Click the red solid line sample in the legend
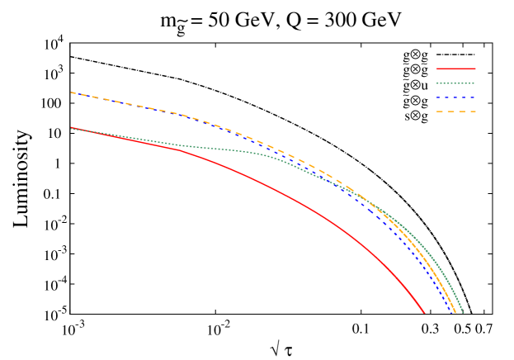(455, 69)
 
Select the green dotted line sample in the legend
(455, 83)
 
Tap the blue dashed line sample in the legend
(455, 97)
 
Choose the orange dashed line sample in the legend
(455, 111)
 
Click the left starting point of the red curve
(71, 128)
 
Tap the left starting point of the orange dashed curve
(71, 92)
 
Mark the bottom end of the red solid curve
(424, 314)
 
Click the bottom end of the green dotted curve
(464, 314)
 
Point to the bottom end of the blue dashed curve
(452, 314)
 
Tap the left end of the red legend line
(436, 69)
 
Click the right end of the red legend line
(475, 69)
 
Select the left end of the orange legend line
(436, 111)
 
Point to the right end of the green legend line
(475, 83)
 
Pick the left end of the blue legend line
(436, 97)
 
